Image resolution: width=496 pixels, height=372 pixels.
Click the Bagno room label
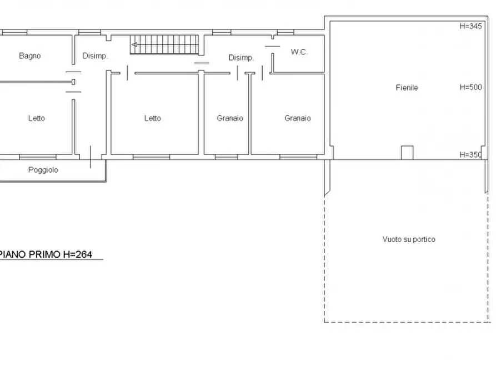(x=30, y=56)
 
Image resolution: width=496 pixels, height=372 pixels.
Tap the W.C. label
(x=299, y=52)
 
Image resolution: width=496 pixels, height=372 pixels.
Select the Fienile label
(x=407, y=88)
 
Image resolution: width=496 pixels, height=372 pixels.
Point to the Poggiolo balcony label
(x=43, y=170)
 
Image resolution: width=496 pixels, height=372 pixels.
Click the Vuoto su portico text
(x=409, y=239)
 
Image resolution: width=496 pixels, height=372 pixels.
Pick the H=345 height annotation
(x=470, y=26)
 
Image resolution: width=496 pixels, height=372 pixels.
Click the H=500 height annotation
(x=470, y=87)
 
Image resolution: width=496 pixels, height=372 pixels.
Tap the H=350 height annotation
(x=470, y=155)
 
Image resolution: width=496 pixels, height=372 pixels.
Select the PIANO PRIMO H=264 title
(x=46, y=254)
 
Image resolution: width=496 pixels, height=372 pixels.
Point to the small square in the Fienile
(x=407, y=153)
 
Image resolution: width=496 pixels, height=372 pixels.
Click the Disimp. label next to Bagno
(x=95, y=56)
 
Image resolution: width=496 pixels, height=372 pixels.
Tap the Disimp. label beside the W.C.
(x=241, y=58)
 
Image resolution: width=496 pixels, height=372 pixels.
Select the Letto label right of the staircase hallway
(x=153, y=118)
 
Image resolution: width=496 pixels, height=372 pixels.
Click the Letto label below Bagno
(x=36, y=118)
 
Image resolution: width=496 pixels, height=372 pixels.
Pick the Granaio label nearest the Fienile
(x=297, y=118)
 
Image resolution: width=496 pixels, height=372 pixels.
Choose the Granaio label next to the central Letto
(x=230, y=118)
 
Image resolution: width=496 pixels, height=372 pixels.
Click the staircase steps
(x=164, y=44)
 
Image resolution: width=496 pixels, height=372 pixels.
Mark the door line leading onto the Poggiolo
(x=91, y=157)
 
